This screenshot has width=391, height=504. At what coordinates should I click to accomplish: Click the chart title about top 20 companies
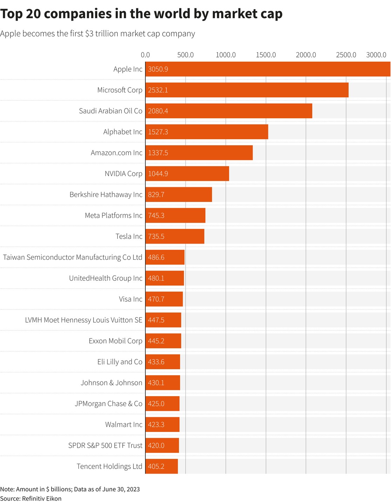coord(141,14)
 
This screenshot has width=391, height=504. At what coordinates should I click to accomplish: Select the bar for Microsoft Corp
coord(247,90)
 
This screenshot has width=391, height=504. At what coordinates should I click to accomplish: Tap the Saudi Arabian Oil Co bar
coord(229,111)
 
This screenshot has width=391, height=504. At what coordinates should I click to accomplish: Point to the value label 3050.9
coord(158,69)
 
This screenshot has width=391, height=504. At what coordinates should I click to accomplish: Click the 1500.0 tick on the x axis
coord(266,55)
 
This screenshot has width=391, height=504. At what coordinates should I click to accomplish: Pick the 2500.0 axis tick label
coord(346,55)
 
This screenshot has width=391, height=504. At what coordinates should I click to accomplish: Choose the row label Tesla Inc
coord(129,236)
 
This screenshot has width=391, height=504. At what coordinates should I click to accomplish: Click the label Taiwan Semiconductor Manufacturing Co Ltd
coord(73,257)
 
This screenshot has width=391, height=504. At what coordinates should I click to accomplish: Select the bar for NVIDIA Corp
coord(187,174)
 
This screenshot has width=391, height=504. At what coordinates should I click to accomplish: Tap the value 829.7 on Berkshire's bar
coord(156,195)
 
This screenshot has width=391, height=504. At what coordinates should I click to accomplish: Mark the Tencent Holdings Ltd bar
coord(162,466)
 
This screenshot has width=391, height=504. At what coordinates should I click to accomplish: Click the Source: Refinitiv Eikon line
coord(31,498)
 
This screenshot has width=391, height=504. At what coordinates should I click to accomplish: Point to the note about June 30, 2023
coord(70,489)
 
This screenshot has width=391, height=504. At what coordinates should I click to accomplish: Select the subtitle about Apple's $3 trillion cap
coord(97,34)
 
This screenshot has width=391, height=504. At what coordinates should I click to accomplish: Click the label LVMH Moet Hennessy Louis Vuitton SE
coord(84,320)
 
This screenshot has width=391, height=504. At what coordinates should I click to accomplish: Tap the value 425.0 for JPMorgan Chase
coord(156,404)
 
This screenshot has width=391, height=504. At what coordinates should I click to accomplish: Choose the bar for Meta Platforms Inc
coord(175,215)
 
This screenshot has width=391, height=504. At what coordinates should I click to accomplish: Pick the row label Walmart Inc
coord(124,425)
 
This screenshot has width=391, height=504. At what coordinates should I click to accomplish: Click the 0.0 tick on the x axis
coord(145,55)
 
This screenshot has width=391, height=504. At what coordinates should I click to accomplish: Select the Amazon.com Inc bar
coord(199,153)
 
